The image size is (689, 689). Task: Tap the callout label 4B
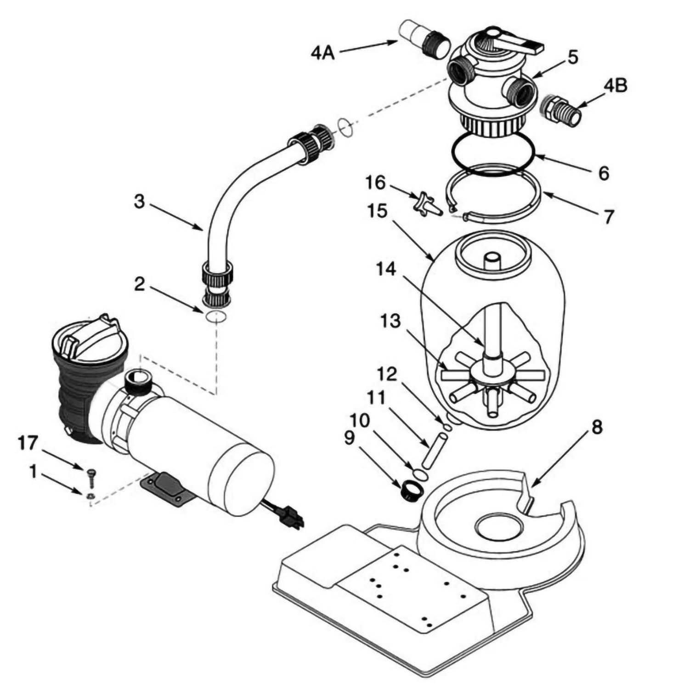(615, 86)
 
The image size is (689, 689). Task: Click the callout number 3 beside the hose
(140, 202)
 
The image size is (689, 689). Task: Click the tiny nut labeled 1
(90, 495)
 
